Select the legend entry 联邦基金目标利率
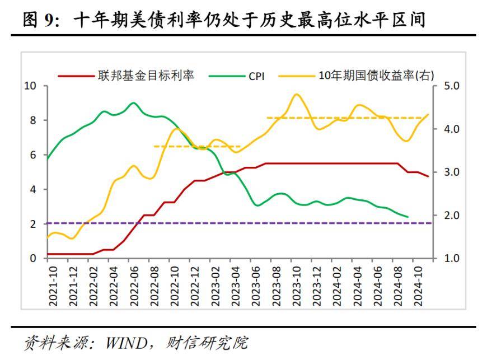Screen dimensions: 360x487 click(x=146, y=75)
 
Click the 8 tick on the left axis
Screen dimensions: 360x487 click(x=32, y=120)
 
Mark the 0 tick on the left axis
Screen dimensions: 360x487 click(x=32, y=259)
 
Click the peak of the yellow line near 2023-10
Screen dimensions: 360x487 click(x=296, y=94)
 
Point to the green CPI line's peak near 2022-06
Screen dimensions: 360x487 click(x=133, y=102)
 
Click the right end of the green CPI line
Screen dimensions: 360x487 click(x=408, y=217)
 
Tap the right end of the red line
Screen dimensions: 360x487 click(x=428, y=176)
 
